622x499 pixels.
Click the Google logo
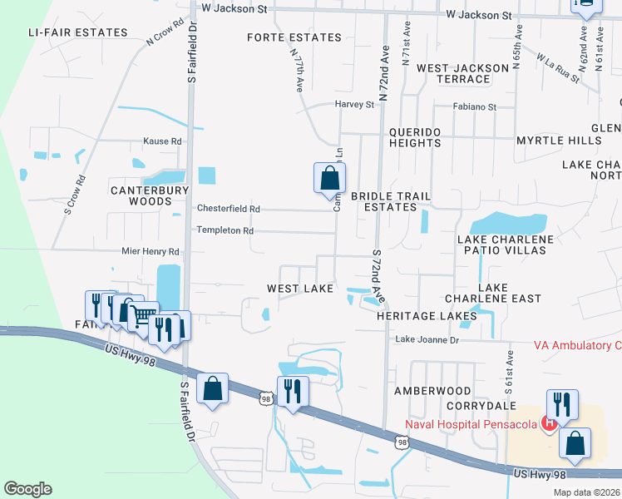tap(27, 489)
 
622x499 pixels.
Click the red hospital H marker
tap(549, 424)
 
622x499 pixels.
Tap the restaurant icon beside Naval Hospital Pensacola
tap(563, 404)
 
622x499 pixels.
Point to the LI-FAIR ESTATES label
tap(77, 32)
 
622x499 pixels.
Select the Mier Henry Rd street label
tap(151, 251)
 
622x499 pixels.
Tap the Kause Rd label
tap(162, 141)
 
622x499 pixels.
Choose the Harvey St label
tap(354, 105)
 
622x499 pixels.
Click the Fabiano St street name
tap(474, 107)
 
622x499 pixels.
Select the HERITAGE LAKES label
tap(427, 316)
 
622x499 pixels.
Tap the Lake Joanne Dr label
tap(427, 339)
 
